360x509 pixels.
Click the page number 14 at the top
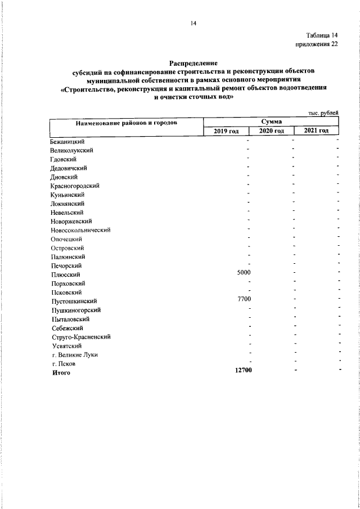click(193, 23)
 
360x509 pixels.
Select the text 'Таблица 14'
click(322, 35)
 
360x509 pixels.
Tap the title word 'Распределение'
click(193, 64)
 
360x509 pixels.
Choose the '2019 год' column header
click(226, 130)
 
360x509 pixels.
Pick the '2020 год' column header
click(271, 130)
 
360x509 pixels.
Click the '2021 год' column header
click(316, 130)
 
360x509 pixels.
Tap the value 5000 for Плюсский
click(244, 273)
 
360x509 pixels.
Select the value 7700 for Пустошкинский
click(244, 299)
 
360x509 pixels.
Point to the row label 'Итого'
click(61, 373)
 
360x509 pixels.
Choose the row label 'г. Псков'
click(64, 364)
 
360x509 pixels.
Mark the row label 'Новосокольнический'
click(80, 230)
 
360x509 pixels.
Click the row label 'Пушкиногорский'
click(76, 310)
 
